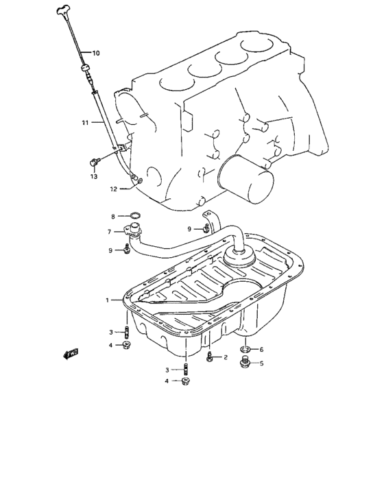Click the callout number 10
click(x=95, y=53)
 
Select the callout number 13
click(x=94, y=176)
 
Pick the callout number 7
click(x=109, y=232)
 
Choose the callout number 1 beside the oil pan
click(x=107, y=300)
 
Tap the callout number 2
click(x=225, y=357)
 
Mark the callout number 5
click(x=260, y=365)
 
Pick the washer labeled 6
click(x=244, y=350)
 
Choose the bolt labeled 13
click(x=95, y=163)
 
